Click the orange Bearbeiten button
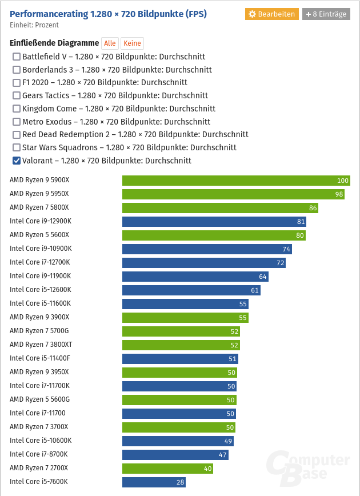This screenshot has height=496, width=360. tap(272, 14)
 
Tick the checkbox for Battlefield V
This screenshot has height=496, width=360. tap(17, 57)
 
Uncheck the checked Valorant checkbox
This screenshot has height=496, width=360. tap(17, 161)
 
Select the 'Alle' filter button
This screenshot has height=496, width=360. tap(110, 43)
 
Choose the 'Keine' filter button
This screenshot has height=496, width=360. tap(132, 43)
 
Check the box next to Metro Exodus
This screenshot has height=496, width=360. tap(17, 122)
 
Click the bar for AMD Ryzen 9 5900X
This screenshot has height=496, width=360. tap(235, 181)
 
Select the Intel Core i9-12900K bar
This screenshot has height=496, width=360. tap(214, 222)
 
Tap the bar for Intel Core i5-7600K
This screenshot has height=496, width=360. tap(153, 482)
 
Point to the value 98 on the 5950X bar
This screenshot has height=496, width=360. tap(339, 194)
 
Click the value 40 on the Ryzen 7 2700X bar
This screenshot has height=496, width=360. tap(207, 469)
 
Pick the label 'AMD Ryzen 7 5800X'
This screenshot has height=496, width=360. tap(39, 207)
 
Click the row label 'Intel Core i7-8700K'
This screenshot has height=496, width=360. tap(38, 454)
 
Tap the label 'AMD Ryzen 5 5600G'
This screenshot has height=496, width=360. tap(39, 399)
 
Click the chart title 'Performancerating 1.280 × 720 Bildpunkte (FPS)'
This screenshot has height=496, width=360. tap(109, 14)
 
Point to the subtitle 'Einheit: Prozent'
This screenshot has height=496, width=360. tap(34, 25)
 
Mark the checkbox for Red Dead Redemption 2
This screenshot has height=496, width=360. tap(17, 135)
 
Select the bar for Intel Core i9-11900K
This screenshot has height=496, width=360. tap(195, 277)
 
